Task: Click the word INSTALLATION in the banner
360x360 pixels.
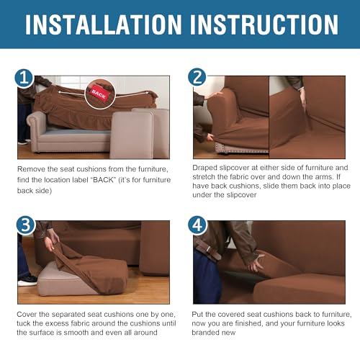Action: coord(104,24)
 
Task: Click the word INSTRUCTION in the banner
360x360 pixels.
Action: coord(264,24)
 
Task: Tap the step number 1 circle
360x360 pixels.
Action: coord(24,78)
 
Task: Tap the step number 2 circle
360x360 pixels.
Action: coord(197,77)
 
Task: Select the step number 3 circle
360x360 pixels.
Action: coord(26,225)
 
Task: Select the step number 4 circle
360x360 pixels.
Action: coord(197,225)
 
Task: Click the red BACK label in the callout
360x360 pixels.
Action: coord(99,94)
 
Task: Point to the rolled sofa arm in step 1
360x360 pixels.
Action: coord(37,122)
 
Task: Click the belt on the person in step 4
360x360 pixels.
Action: coord(208,250)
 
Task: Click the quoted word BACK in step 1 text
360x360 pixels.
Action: coord(103,180)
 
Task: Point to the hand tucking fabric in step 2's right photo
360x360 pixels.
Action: coord(304,99)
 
